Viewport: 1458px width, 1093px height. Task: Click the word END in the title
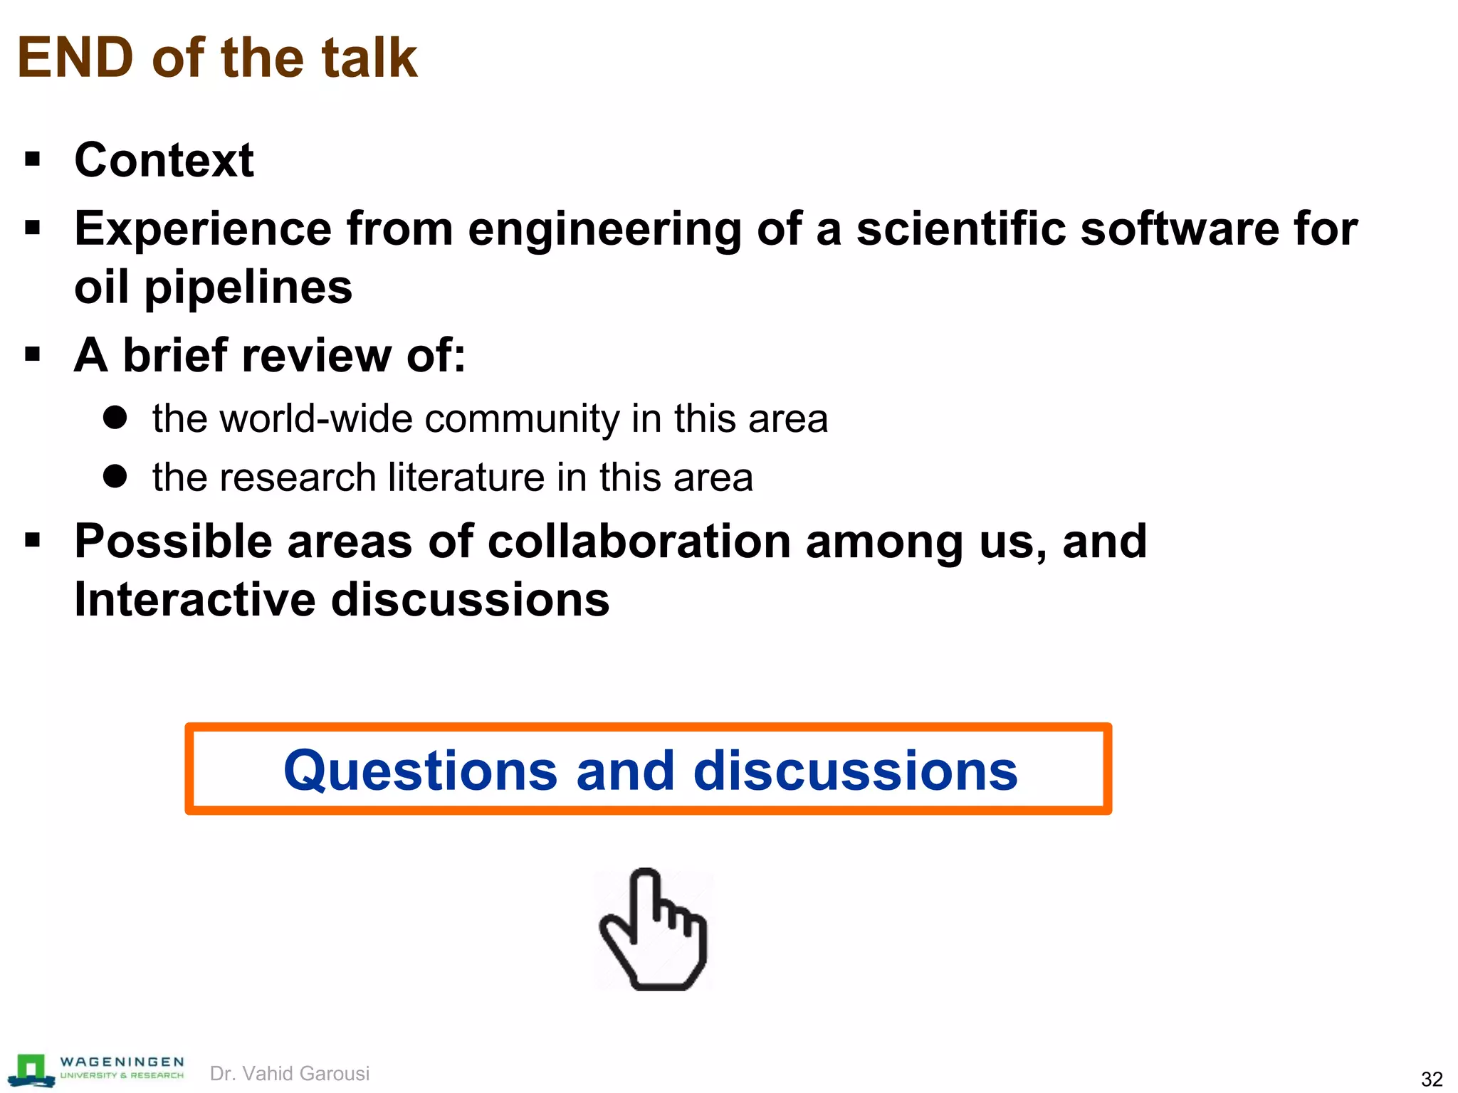pyautogui.click(x=75, y=58)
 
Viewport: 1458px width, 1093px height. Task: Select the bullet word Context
pyautogui.click(x=164, y=160)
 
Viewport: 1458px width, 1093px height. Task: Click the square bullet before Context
pyautogui.click(x=33, y=159)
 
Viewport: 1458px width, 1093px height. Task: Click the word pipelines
pyautogui.click(x=248, y=288)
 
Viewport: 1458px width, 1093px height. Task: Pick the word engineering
pyautogui.click(x=604, y=231)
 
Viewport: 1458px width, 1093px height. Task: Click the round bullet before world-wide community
pyautogui.click(x=115, y=417)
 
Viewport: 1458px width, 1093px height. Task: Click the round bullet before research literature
pyautogui.click(x=115, y=476)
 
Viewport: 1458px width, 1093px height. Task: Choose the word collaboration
pyautogui.click(x=639, y=542)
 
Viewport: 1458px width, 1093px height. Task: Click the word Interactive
pyautogui.click(x=195, y=599)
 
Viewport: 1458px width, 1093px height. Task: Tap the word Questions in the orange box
pyautogui.click(x=421, y=771)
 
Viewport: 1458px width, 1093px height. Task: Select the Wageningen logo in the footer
pyautogui.click(x=95, y=1070)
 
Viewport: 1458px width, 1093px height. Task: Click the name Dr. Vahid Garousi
pyautogui.click(x=290, y=1073)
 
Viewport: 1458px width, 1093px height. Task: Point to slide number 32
pyautogui.click(x=1431, y=1079)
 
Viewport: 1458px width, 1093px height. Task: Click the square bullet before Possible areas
pyautogui.click(x=33, y=541)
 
